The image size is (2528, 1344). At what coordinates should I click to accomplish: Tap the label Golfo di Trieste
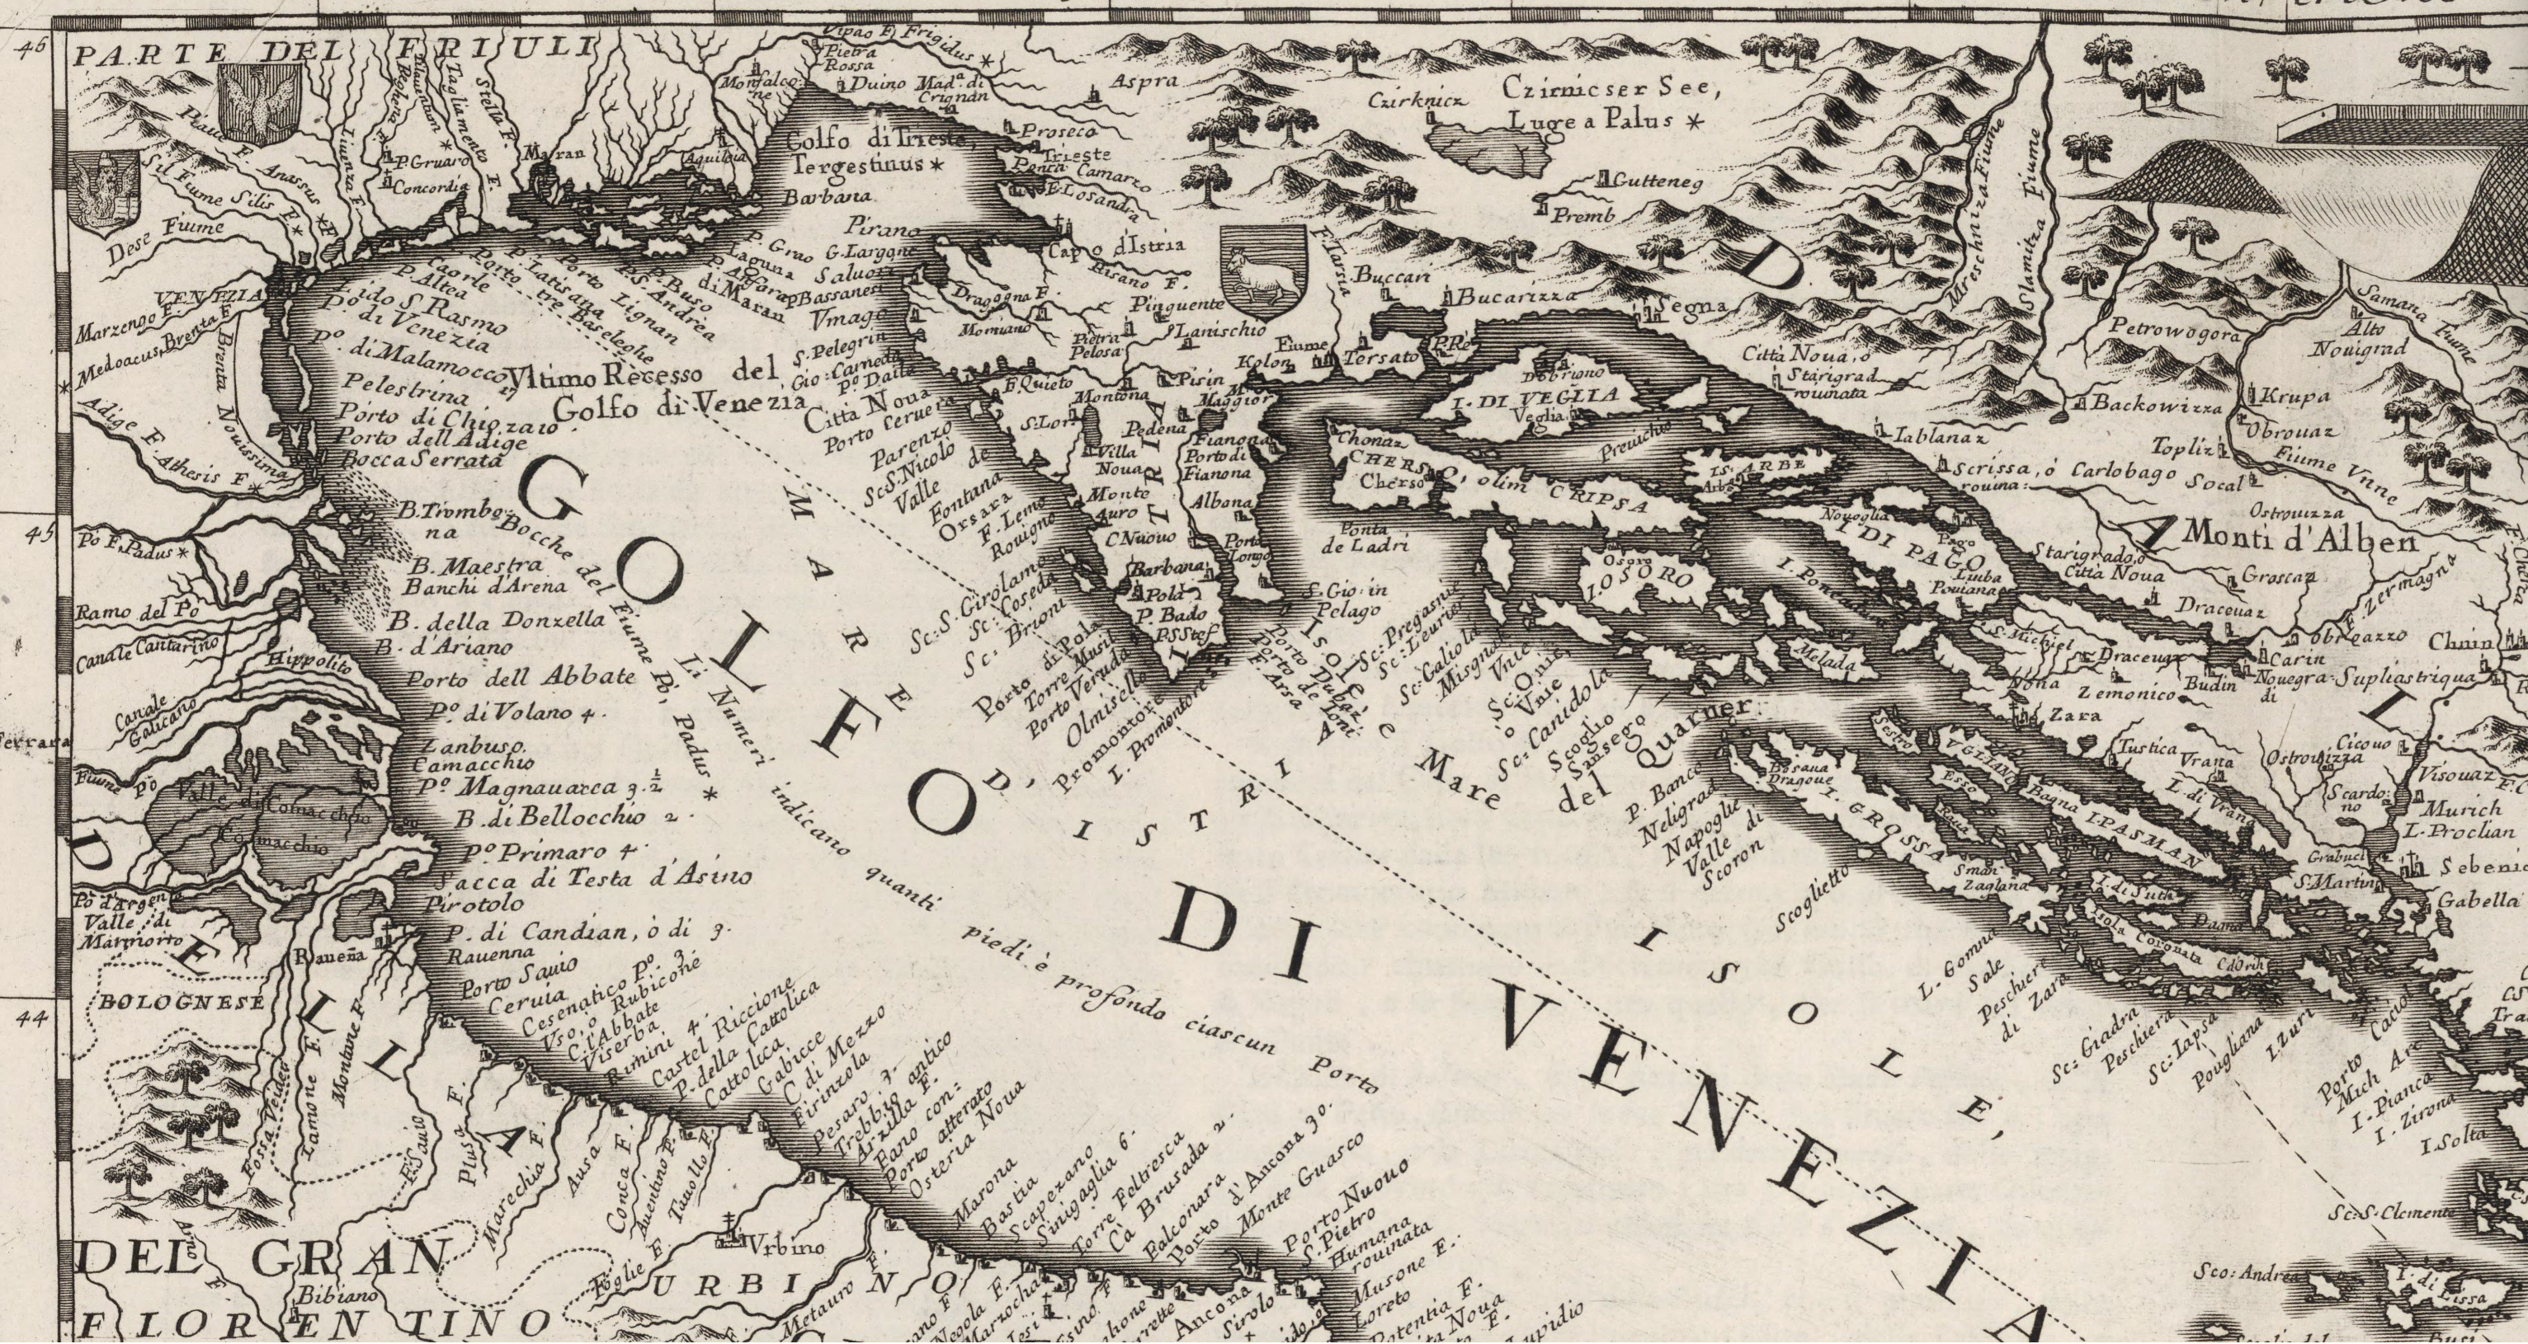(875, 140)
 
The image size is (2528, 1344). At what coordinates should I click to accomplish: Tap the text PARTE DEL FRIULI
(333, 49)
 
